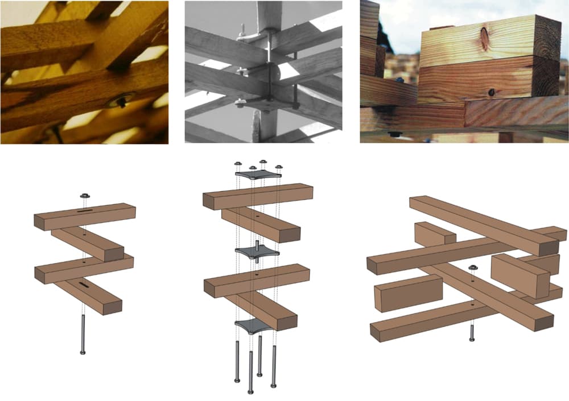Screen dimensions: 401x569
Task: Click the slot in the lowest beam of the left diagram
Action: coord(82,283)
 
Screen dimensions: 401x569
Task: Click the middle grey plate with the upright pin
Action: coord(257,251)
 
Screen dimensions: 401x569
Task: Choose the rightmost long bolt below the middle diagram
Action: coord(274,364)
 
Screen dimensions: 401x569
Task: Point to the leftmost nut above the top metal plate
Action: coord(238,164)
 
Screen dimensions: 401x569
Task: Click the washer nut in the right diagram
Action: coord(472,267)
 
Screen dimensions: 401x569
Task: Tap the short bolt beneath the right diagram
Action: coord(472,332)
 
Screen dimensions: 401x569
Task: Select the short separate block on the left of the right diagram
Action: coord(408,292)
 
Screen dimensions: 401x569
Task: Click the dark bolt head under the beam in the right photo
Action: coord(392,134)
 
